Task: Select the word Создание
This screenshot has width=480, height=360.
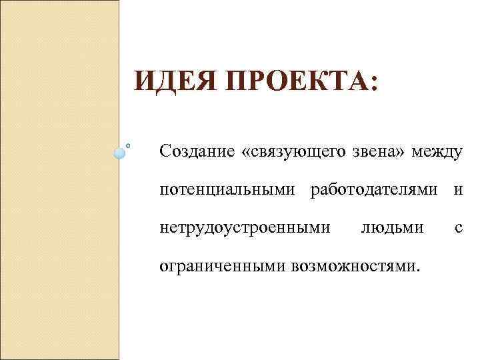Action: [x=197, y=152]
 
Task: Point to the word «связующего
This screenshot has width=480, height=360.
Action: [x=295, y=153]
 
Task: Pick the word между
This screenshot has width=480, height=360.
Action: [x=437, y=152]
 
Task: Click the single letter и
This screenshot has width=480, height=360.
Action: [x=459, y=191]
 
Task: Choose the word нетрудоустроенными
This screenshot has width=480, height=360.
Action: [x=245, y=229]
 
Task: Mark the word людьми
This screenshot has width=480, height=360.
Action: [x=391, y=229]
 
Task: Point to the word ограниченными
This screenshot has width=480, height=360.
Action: [x=222, y=267]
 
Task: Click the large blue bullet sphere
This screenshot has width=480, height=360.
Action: [x=119, y=153]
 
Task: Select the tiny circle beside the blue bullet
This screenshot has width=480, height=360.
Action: [x=128, y=143]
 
